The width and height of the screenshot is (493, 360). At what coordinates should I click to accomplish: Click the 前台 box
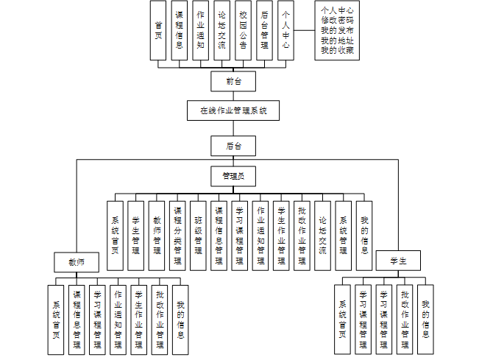tap(233, 80)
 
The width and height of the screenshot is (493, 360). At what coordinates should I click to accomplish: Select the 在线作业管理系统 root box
tap(233, 111)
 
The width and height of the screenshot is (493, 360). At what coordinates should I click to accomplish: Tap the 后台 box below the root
tap(233, 145)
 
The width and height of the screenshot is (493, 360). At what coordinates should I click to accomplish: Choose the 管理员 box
tap(233, 176)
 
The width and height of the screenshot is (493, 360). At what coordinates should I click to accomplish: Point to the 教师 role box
tap(76, 261)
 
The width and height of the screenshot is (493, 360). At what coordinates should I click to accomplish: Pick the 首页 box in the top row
tap(157, 30)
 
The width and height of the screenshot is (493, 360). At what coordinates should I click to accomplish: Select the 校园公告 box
tap(243, 30)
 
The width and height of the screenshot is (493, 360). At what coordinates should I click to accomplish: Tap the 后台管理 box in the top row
tap(264, 30)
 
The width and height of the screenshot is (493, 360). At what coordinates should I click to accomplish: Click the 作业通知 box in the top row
tap(200, 30)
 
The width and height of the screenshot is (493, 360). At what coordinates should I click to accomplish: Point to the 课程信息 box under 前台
tap(179, 30)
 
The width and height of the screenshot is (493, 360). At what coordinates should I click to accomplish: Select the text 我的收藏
tap(337, 50)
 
